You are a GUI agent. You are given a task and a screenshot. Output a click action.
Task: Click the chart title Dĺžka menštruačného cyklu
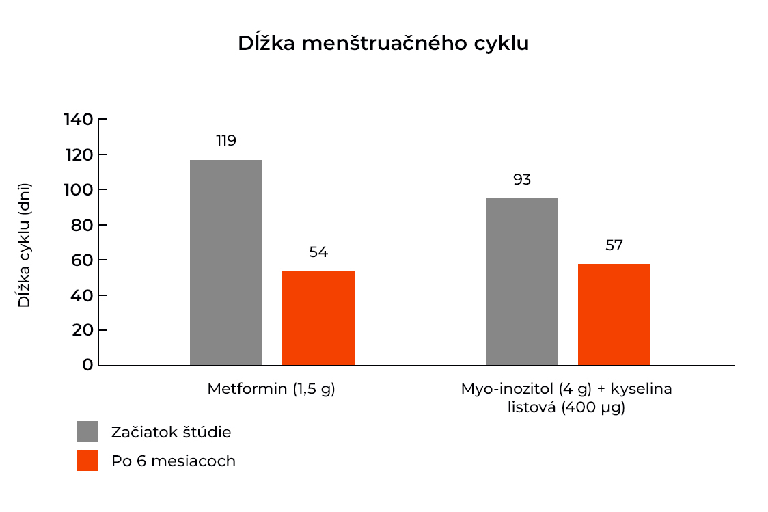(x=383, y=43)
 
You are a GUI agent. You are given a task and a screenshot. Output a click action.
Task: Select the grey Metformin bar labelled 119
(x=225, y=262)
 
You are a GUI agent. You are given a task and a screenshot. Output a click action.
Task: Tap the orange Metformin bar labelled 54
(x=318, y=318)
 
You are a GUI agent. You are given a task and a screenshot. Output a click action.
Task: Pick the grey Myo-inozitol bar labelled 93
(x=521, y=282)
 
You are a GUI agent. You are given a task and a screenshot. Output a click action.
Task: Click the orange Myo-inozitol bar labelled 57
(x=614, y=314)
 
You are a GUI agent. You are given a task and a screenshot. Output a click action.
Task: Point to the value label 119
(x=225, y=141)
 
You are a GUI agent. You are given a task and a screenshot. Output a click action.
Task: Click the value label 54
(x=318, y=252)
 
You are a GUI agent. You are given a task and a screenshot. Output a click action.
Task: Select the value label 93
(x=521, y=180)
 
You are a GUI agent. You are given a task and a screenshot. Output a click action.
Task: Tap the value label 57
(x=614, y=245)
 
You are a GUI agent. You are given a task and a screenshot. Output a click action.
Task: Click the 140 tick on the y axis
(x=78, y=120)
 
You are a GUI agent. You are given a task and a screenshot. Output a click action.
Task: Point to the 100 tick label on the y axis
(x=78, y=190)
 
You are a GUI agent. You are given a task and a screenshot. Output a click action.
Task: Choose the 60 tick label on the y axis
(x=82, y=260)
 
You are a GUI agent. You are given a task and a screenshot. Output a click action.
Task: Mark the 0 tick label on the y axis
(x=87, y=365)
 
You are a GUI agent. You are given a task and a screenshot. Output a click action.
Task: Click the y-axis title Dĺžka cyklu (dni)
(x=25, y=245)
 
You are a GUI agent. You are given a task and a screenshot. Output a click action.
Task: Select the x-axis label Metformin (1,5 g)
(x=271, y=389)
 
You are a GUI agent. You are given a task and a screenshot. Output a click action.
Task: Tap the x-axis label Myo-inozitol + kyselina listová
(x=566, y=399)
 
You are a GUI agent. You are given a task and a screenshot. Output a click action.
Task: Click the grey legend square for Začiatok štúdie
(x=87, y=432)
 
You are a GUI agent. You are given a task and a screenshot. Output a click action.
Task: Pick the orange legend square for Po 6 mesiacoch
(x=87, y=461)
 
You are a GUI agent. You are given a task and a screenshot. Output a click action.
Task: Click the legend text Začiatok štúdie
(x=171, y=432)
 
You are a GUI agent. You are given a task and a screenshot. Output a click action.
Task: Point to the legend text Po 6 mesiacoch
(x=173, y=461)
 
